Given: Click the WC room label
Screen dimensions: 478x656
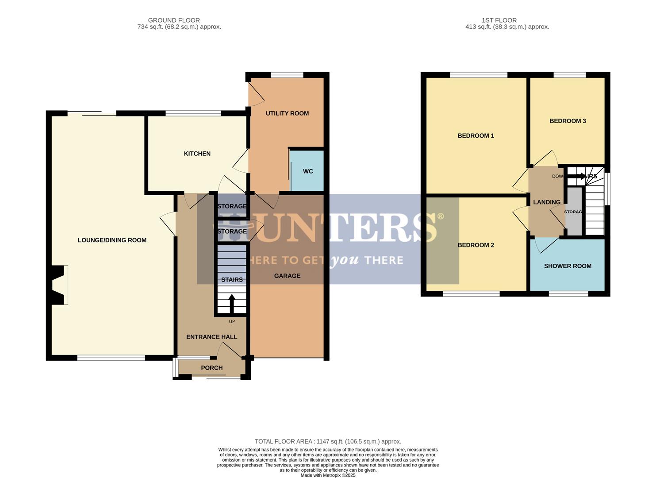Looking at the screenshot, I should click(x=308, y=171).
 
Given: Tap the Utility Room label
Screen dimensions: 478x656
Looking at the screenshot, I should click(x=287, y=113).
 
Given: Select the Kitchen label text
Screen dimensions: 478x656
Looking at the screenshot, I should click(x=197, y=154).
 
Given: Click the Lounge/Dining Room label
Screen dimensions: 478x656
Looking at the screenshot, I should click(x=112, y=240).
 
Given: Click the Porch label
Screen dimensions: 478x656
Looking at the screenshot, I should click(x=212, y=368).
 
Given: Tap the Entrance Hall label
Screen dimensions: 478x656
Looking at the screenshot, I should click(x=211, y=337).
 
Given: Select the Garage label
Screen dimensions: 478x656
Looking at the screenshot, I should click(x=287, y=276).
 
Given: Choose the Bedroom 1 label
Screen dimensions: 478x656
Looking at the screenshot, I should click(x=476, y=136).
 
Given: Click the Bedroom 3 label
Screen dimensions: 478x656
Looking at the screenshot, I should click(x=568, y=121).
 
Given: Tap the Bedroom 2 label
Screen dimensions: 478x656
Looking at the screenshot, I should click(x=476, y=245).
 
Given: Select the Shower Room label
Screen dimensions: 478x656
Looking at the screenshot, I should click(x=568, y=266).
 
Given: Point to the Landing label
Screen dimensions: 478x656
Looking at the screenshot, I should click(x=547, y=202).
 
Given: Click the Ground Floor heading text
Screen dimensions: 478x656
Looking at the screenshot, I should click(x=174, y=20).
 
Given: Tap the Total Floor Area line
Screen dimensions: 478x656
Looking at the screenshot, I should click(x=328, y=441).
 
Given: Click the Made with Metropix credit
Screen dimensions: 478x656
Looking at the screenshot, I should click(x=328, y=475).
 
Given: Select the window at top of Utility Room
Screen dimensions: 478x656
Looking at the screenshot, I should click(x=287, y=75).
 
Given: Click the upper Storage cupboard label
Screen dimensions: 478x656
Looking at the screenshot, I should click(x=232, y=206).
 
